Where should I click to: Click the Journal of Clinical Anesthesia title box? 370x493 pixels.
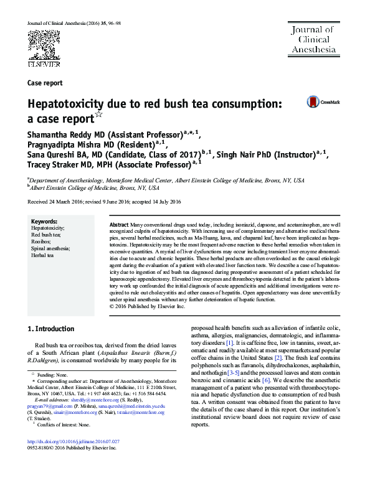coord(312,39)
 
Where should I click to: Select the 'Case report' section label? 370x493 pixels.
coord(45,83)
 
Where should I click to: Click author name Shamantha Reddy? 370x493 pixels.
coord(59,133)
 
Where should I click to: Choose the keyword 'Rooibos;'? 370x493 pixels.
coord(42,242)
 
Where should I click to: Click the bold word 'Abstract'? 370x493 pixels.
coord(119,224)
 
